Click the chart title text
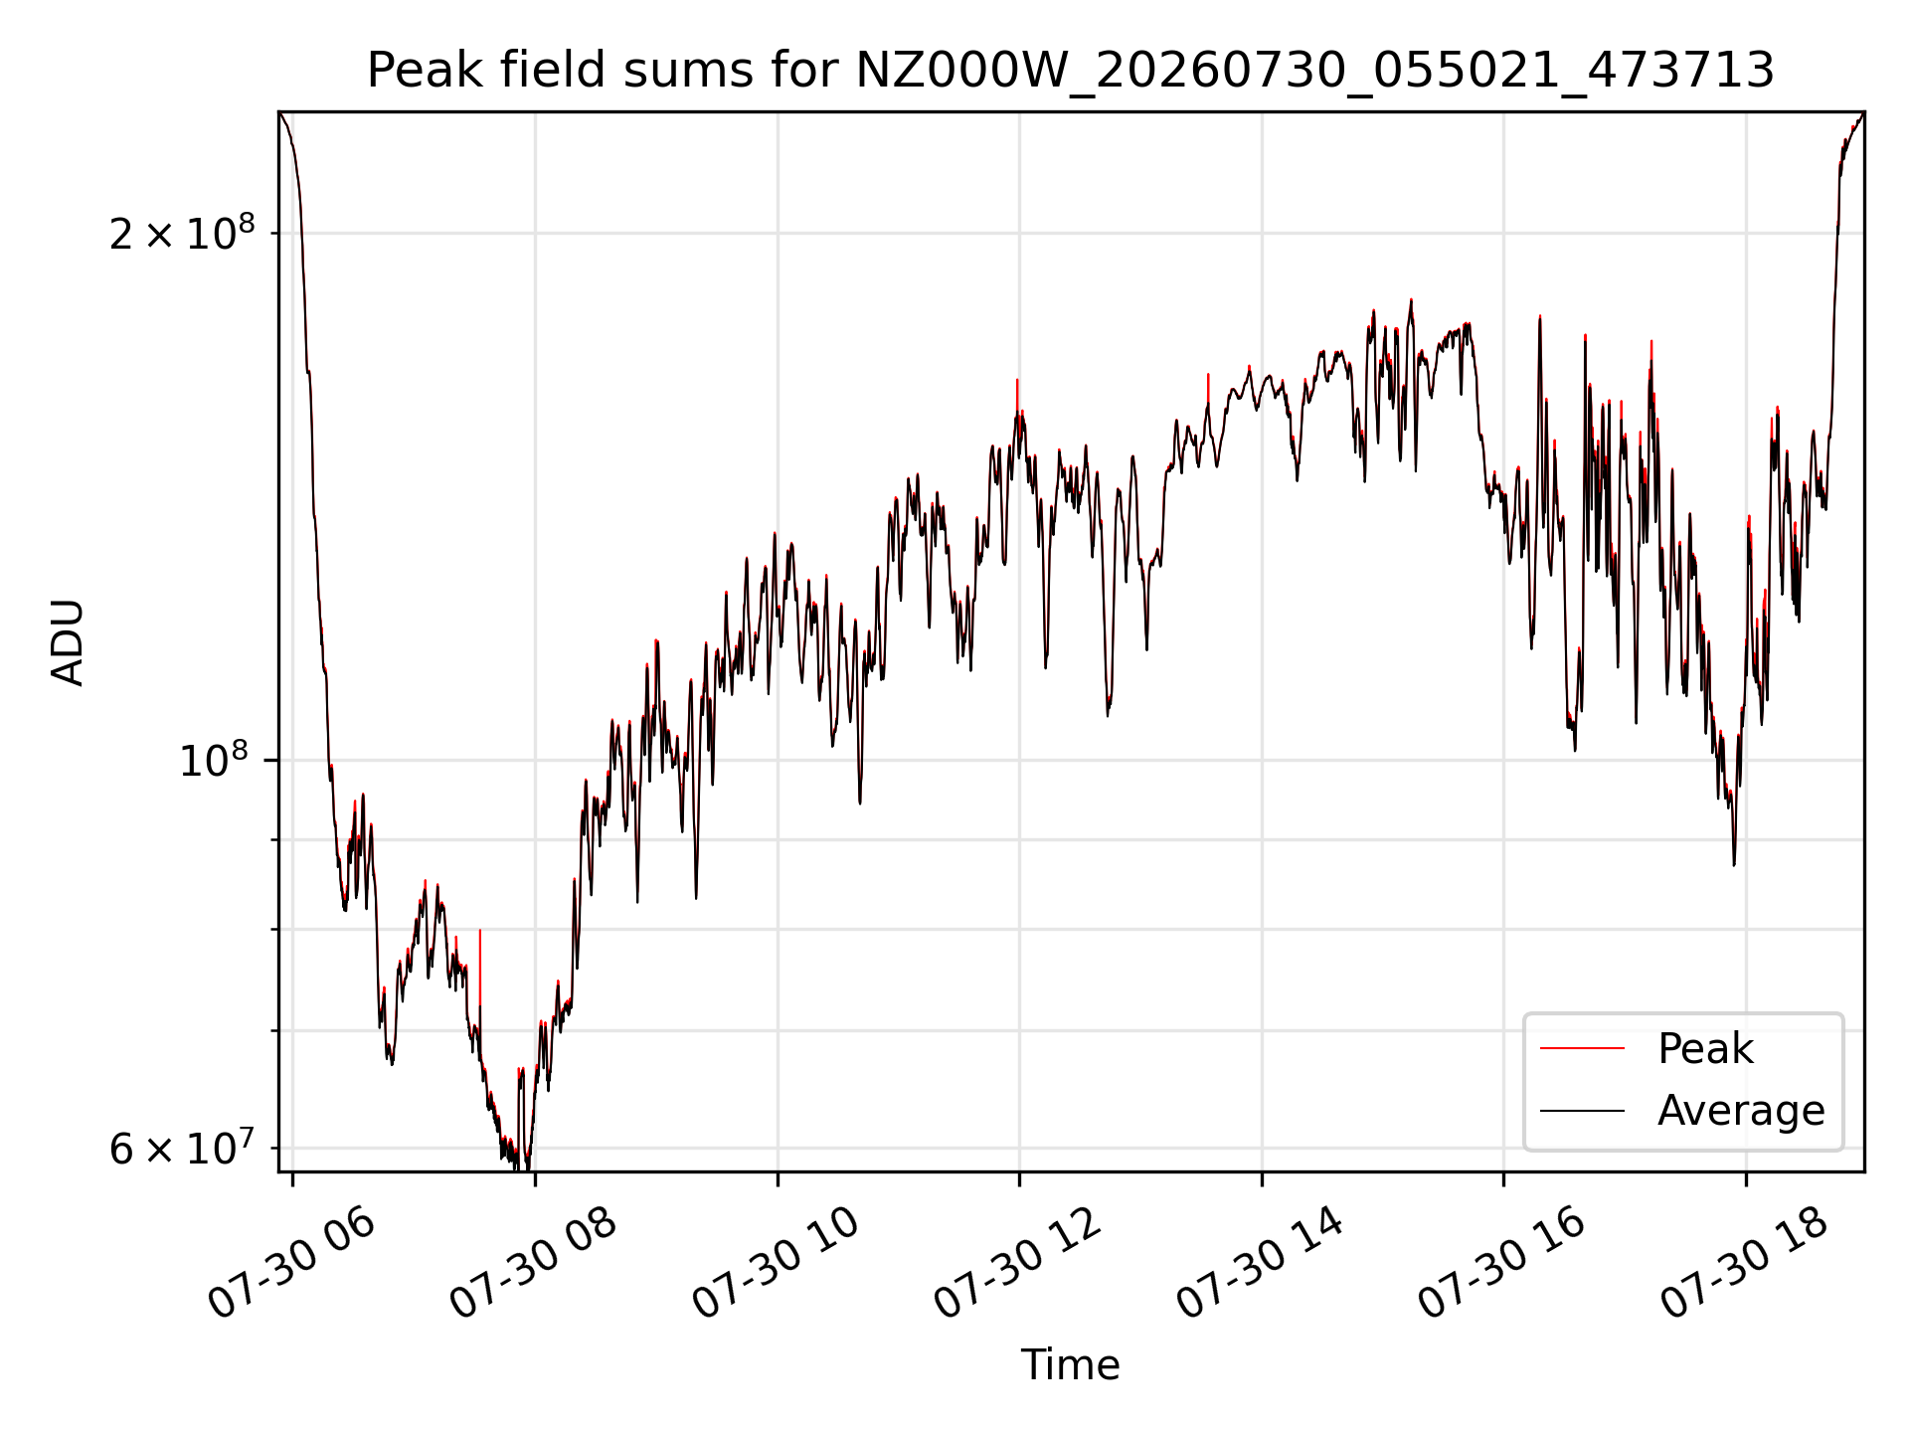tap(1071, 71)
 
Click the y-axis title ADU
tap(68, 642)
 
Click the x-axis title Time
tap(1071, 1365)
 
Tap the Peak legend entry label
tap(1705, 1049)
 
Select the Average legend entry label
tap(1741, 1111)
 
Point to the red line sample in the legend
tap(1582, 1049)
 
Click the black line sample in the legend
tap(1582, 1111)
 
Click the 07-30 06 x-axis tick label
tap(290, 1264)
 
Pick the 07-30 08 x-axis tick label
tap(533, 1264)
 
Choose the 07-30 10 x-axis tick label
tap(775, 1264)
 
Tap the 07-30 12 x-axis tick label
tap(1017, 1264)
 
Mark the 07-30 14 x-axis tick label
tap(1260, 1264)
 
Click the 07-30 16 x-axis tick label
tap(1501, 1264)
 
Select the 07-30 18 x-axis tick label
tap(1744, 1264)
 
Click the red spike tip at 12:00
tap(1017, 381)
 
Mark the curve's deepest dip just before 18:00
tap(1734, 864)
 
